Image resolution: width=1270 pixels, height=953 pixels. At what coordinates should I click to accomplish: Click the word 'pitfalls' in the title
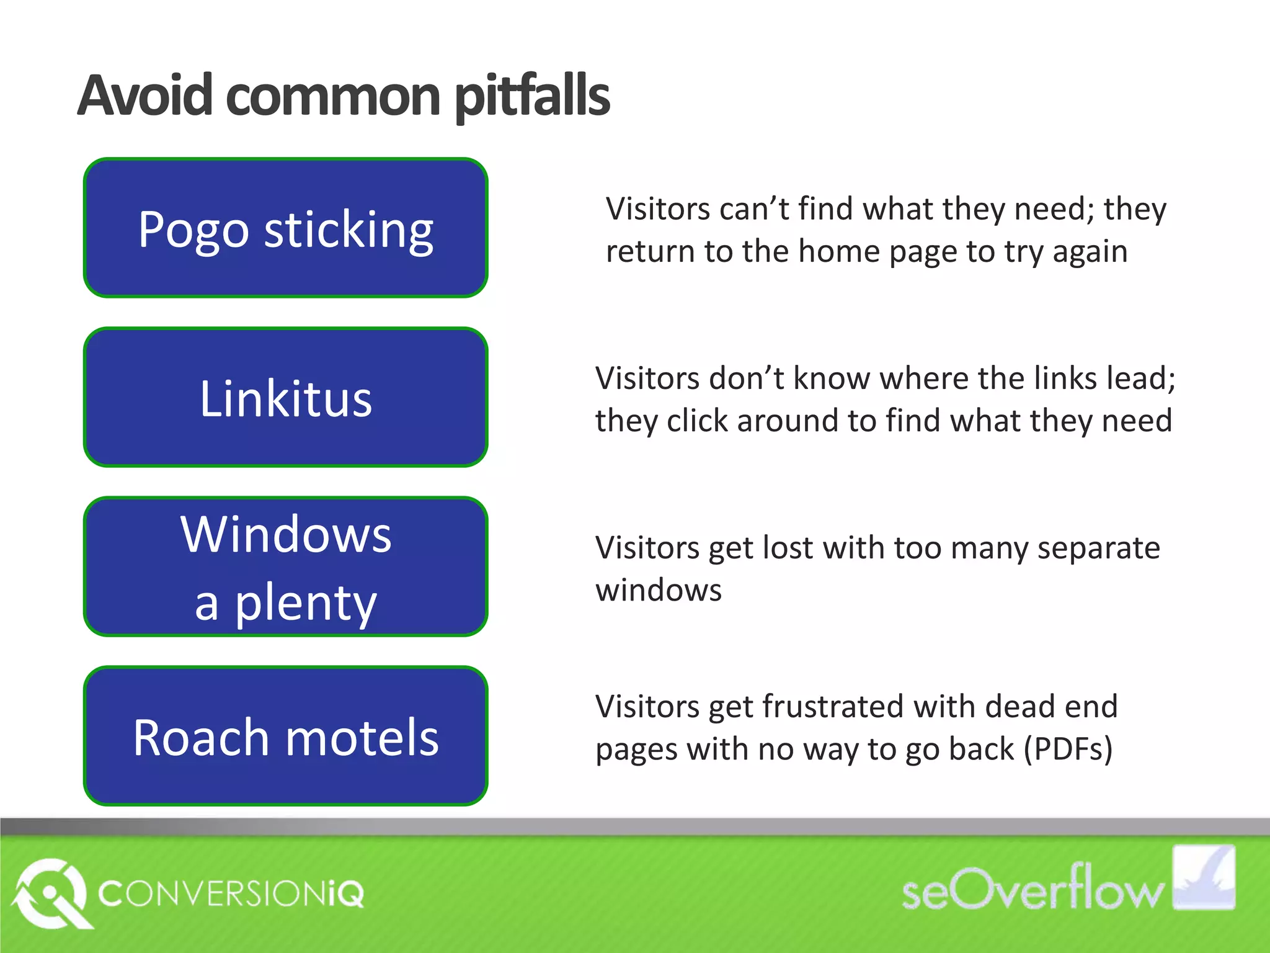click(532, 97)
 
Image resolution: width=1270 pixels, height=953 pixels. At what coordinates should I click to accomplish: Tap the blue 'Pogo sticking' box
click(285, 228)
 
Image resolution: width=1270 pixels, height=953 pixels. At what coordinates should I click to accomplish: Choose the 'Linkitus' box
click(285, 397)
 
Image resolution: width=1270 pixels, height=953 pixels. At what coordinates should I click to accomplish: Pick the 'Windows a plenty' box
click(285, 566)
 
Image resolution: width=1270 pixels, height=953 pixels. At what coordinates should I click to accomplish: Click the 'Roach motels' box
click(285, 736)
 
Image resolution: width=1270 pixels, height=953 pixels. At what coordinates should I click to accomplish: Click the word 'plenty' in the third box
click(305, 603)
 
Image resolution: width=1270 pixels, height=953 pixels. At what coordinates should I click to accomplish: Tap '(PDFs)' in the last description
click(1068, 748)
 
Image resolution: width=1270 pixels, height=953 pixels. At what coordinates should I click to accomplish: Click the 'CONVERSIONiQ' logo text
click(231, 894)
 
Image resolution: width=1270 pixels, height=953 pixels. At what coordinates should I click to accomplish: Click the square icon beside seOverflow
click(1203, 877)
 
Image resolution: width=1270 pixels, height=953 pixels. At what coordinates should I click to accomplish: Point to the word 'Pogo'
click(193, 230)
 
